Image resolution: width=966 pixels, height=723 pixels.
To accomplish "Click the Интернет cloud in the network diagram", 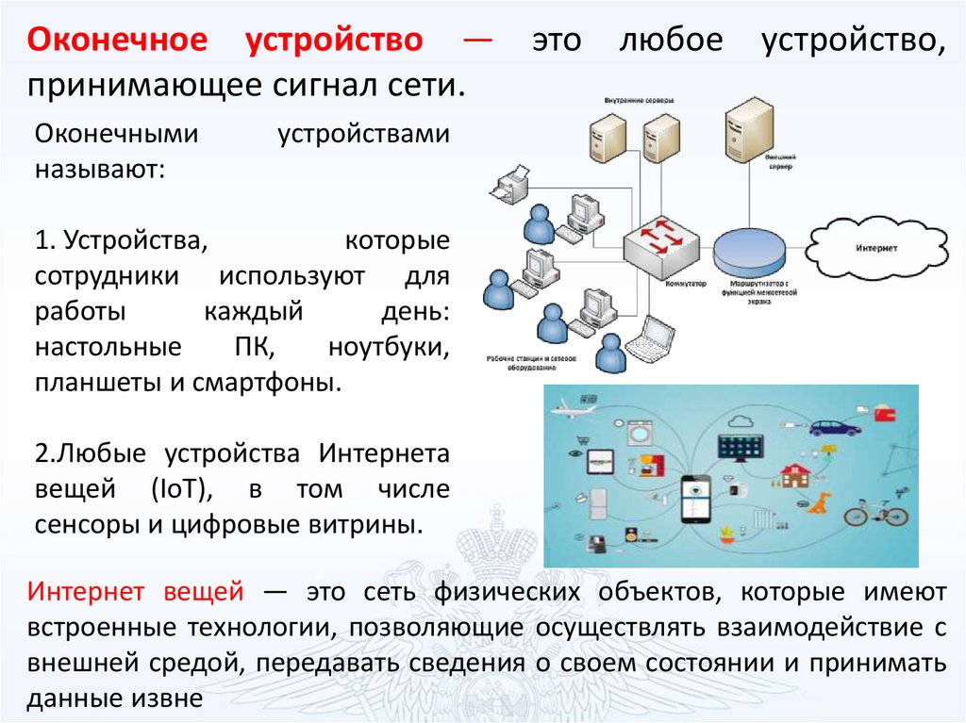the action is point(876,248).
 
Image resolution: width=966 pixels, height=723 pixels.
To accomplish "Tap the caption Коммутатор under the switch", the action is point(686,283).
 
